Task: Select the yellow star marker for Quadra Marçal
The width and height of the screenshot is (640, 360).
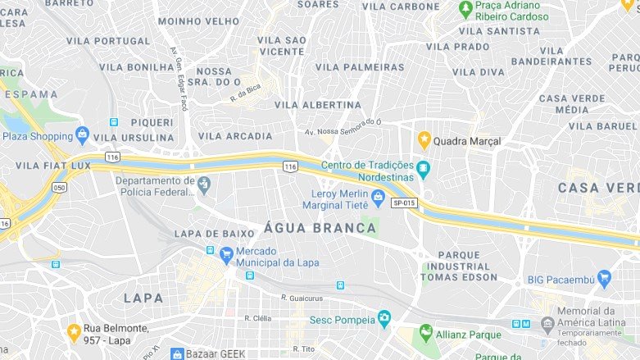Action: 424,140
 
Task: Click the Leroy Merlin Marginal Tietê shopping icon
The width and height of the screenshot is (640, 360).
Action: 378,196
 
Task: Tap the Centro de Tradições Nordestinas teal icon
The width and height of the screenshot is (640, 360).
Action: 423,170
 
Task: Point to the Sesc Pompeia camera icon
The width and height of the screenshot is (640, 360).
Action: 384,318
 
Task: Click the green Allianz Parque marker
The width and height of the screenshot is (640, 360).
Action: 425,332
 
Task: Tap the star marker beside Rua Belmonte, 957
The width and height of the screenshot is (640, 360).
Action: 73,332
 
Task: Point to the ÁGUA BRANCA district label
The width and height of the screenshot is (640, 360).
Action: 320,228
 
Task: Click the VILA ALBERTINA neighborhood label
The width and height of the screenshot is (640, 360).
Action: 317,105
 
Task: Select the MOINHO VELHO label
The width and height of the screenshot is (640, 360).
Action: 198,21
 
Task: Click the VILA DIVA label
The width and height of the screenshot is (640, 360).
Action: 479,72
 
